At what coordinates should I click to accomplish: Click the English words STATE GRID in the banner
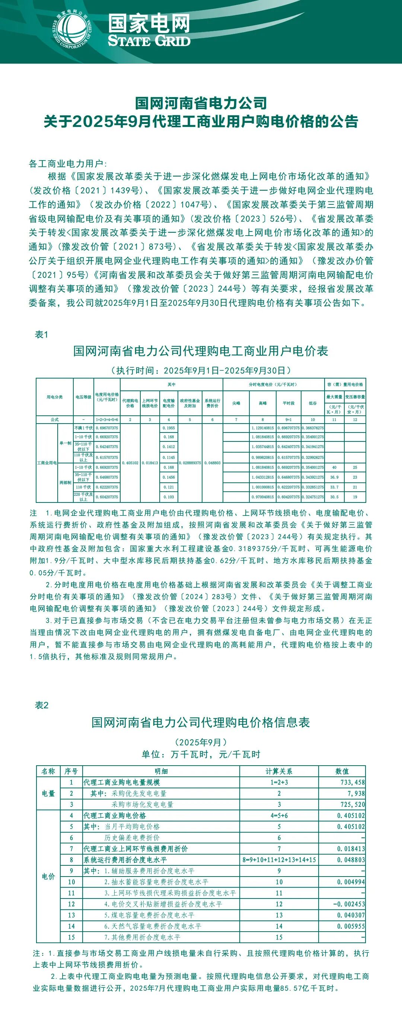149,41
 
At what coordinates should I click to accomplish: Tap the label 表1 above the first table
41,335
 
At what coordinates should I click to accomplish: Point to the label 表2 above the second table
42,705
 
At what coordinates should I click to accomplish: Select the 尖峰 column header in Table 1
236,403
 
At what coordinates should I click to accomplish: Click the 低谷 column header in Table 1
313,403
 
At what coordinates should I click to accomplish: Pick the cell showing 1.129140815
262,428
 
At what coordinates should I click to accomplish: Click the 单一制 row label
66,443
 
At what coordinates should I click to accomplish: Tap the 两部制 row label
66,482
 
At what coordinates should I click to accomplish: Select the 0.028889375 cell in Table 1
190,463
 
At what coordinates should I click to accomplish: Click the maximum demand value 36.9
334,477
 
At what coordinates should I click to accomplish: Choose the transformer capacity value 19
355,497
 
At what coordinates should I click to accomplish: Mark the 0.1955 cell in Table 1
169,428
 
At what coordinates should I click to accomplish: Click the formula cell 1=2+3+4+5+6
107,419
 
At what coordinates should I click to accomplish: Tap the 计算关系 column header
279,771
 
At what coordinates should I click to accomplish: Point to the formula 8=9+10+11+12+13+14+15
279,860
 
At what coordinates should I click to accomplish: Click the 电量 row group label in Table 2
48,793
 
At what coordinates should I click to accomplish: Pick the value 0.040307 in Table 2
351,915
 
